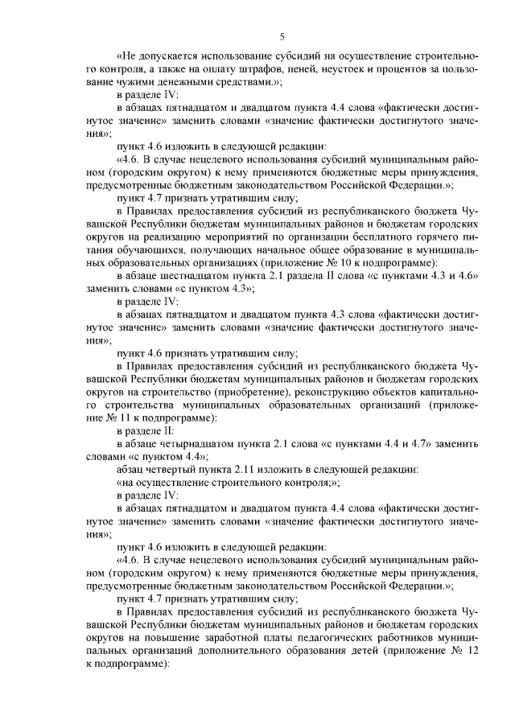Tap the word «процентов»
(388, 70)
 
